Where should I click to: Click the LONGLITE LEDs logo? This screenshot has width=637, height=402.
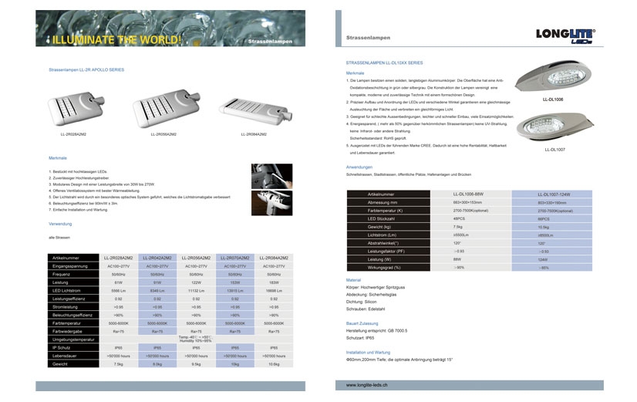click(x=565, y=36)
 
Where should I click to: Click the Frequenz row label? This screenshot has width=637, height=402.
click(x=62, y=274)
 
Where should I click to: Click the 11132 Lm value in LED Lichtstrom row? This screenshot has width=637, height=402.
click(x=195, y=290)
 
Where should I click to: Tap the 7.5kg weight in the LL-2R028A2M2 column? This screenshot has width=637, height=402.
click(x=119, y=363)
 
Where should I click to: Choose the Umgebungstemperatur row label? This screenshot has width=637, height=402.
click(x=74, y=339)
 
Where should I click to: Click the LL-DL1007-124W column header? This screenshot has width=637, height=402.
click(x=554, y=194)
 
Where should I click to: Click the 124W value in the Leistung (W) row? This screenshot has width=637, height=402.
click(x=543, y=259)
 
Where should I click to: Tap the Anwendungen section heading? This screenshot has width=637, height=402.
click(x=359, y=167)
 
